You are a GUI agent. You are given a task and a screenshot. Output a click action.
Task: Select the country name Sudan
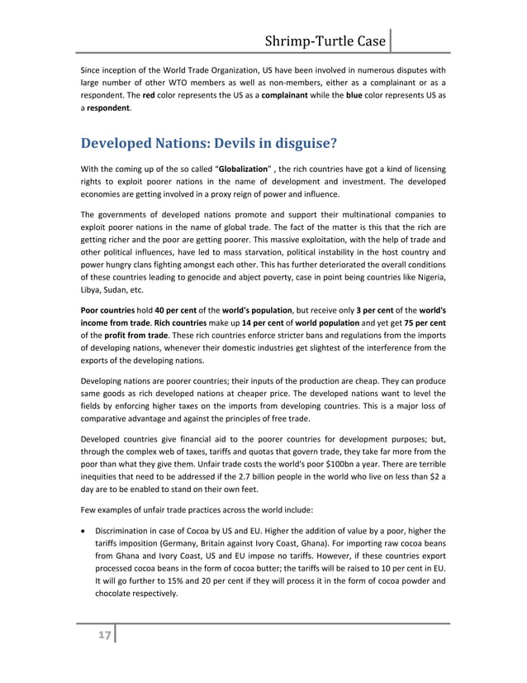[112, 288]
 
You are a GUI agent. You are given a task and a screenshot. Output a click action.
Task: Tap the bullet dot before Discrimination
[83, 531]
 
